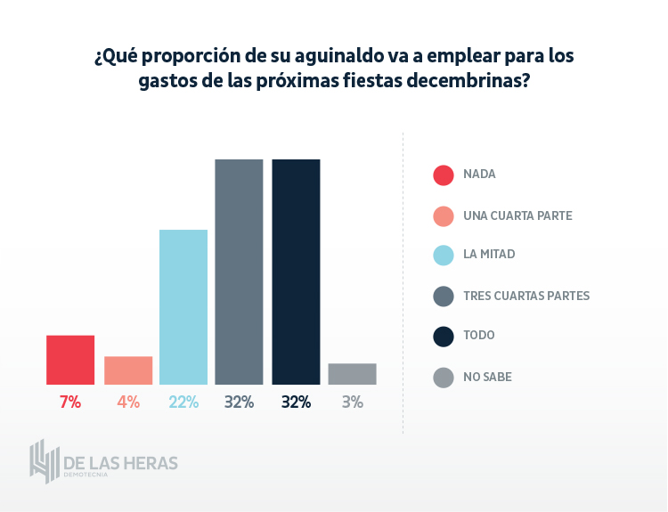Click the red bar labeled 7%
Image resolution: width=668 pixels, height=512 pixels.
tap(70, 360)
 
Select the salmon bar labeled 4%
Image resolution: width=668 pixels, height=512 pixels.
tap(128, 370)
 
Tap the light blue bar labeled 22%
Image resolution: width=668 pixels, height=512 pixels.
tap(183, 307)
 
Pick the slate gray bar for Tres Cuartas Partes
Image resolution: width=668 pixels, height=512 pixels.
tap(239, 272)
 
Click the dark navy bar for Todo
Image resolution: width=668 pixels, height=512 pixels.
tap(296, 272)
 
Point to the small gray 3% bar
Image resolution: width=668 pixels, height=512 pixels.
tap(352, 374)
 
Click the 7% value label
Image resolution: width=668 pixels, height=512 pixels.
tap(70, 402)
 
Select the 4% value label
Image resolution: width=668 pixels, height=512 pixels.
tap(128, 402)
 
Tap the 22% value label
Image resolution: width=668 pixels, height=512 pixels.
tap(183, 402)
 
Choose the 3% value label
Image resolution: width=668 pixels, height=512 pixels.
tap(352, 402)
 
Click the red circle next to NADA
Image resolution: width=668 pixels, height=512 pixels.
tap(444, 175)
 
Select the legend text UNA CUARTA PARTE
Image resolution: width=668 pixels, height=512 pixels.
tap(517, 215)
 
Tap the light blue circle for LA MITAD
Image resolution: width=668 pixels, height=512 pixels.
tap(444, 256)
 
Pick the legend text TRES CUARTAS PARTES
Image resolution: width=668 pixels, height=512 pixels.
tap(526, 296)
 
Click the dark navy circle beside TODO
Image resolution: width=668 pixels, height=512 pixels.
tap(444, 336)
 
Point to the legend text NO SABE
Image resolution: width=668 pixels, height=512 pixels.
tap(487, 377)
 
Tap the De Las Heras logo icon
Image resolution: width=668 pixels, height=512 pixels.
tap(44, 461)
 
